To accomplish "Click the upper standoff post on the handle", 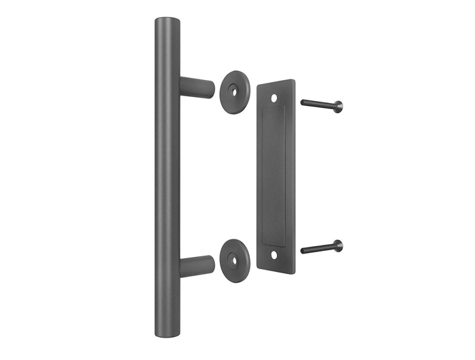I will click(197, 87).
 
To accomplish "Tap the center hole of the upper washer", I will click(236, 88).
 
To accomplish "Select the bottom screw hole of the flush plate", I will click(275, 256).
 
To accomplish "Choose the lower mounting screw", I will click(322, 247).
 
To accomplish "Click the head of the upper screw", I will click(338, 106).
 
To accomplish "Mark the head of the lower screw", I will click(338, 245).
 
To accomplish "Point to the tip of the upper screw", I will click(303, 102).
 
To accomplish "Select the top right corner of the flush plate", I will click(295, 81).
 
